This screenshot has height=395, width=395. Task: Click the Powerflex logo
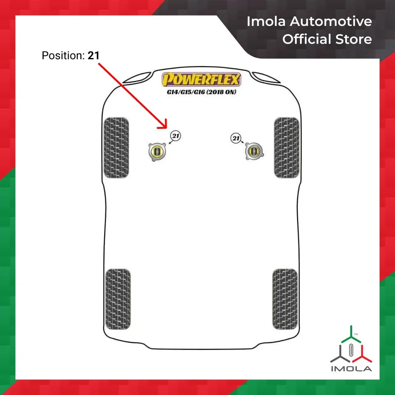point(201,79)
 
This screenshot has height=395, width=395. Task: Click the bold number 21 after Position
point(93,55)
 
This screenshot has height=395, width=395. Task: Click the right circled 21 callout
point(236,139)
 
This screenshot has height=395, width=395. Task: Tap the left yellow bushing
point(157,151)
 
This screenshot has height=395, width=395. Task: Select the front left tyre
point(116,147)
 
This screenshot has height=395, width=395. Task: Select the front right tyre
point(286,147)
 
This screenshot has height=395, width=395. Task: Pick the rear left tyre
point(117,299)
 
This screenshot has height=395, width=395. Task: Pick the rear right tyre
point(285,299)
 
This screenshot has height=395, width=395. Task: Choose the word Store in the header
point(353,39)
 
